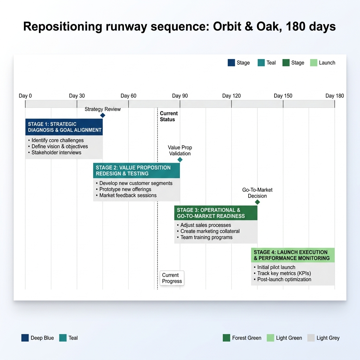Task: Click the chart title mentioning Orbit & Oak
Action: click(x=179, y=27)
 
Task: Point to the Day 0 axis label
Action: click(x=25, y=96)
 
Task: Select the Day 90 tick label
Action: click(x=180, y=96)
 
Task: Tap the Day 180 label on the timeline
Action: click(x=334, y=96)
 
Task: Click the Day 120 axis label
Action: click(x=231, y=96)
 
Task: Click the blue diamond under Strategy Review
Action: click(x=103, y=115)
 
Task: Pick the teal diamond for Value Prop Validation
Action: click(x=180, y=160)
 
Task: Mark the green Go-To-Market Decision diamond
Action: click(x=257, y=202)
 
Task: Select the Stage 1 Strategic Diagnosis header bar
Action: click(x=64, y=127)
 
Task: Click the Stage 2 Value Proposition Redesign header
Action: click(x=136, y=171)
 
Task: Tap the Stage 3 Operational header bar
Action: click(x=216, y=213)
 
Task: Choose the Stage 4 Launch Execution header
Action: click(x=292, y=255)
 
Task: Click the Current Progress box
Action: click(x=172, y=278)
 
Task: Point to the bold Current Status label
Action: click(x=169, y=116)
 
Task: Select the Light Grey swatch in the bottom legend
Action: click(x=311, y=338)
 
